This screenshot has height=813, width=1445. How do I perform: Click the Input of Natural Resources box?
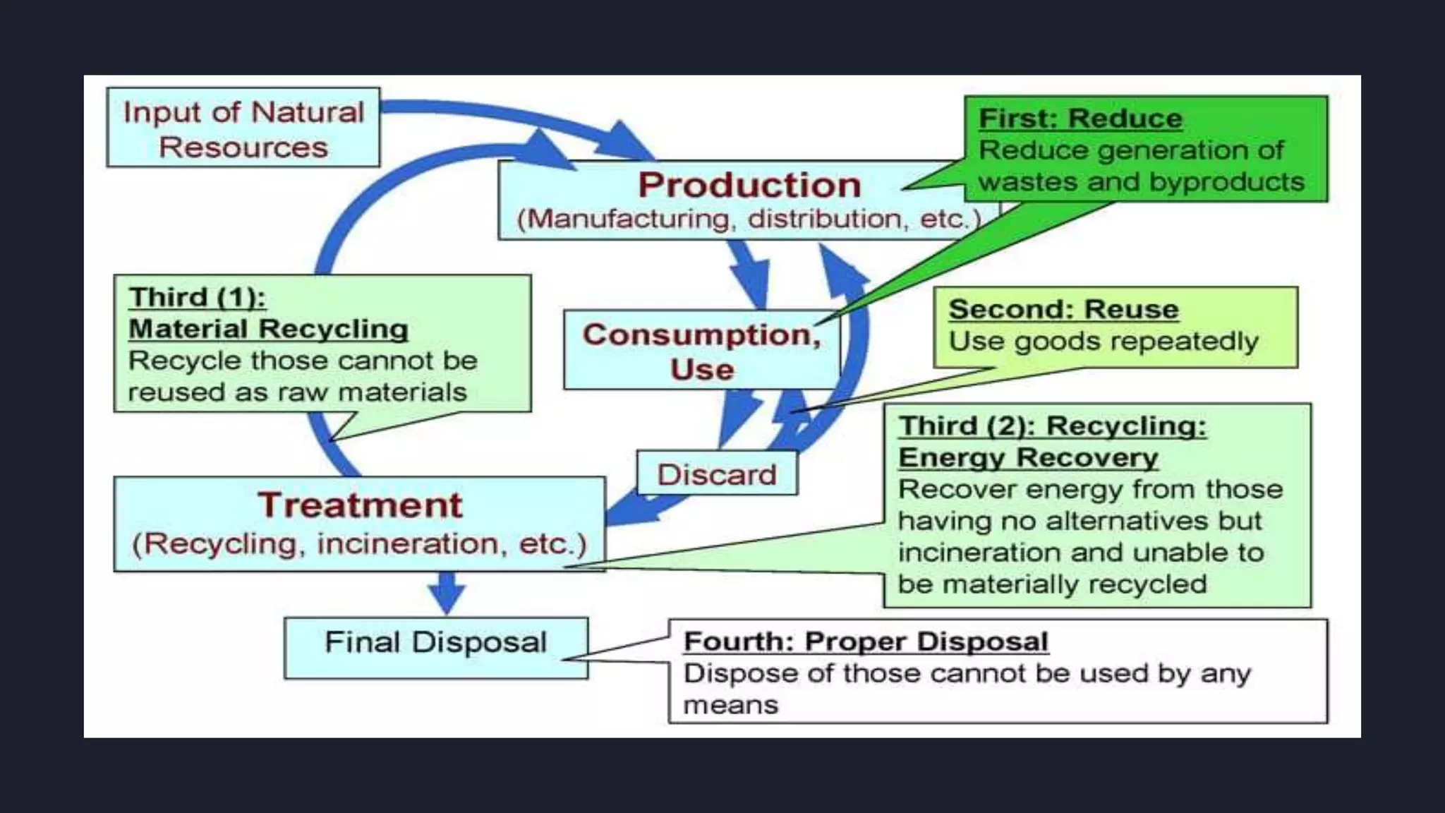(x=243, y=128)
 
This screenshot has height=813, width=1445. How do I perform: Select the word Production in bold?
(x=749, y=185)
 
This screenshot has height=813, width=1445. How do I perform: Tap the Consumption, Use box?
(x=701, y=351)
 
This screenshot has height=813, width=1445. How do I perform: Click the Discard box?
(x=717, y=474)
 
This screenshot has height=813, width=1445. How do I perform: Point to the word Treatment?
(x=360, y=505)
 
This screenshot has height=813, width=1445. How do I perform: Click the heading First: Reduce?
(x=1080, y=119)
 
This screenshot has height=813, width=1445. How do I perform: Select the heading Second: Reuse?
(x=1063, y=309)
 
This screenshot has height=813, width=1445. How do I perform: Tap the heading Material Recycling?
(x=268, y=329)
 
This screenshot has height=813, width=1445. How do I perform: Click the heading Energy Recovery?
(x=1028, y=458)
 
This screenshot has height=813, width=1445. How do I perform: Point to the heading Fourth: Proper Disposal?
(x=866, y=642)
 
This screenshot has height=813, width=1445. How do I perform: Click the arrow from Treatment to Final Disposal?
(x=447, y=593)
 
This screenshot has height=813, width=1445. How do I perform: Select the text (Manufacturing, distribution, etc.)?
(x=749, y=219)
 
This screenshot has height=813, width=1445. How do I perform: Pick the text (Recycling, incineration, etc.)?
(x=359, y=544)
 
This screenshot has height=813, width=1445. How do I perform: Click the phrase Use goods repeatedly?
(x=1103, y=342)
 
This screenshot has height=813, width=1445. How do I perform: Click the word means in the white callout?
(x=730, y=705)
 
